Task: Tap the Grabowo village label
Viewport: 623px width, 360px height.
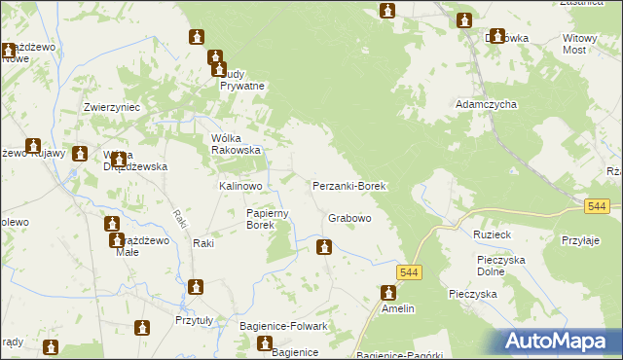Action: coord(349,219)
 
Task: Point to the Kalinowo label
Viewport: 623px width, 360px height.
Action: coord(240,185)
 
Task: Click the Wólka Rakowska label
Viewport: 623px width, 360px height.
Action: coord(237,144)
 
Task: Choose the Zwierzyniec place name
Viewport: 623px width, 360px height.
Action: coord(113,107)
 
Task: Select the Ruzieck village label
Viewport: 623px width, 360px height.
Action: coord(492,234)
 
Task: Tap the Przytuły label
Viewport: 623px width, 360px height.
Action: coord(194,320)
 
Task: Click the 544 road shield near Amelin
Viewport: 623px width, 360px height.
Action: coord(409,273)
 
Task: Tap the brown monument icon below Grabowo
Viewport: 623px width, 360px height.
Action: coord(323,248)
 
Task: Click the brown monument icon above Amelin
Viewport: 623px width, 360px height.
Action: coord(388,291)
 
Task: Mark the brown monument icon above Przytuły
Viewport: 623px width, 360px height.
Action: coord(196,287)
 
